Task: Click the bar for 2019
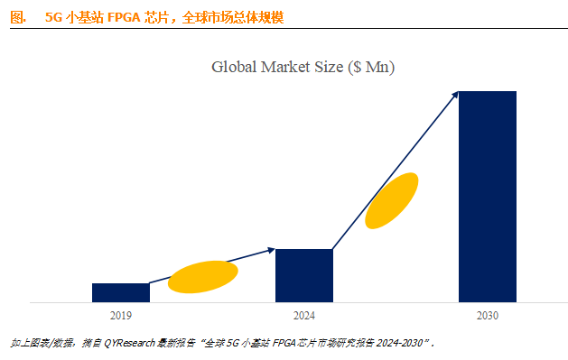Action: coord(120,292)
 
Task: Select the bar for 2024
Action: coord(303,275)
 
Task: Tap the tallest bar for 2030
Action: coord(487,197)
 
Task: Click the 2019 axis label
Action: coord(120,316)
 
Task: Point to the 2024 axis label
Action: coord(303,316)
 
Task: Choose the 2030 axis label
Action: coord(487,316)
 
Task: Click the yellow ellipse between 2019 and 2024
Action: coord(203,277)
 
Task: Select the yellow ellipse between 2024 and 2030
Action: coord(392,200)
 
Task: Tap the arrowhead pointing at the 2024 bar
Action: coord(271,250)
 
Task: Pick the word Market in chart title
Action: coord(286,67)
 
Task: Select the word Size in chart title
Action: coord(330,67)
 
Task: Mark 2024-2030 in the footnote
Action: coord(401,344)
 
